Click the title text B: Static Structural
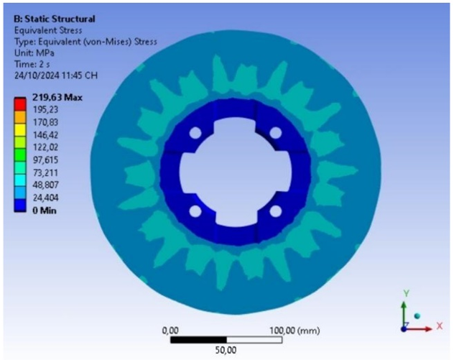point(55,19)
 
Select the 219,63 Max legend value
point(57,97)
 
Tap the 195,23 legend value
point(45,109)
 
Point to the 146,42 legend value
point(45,135)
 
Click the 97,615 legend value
point(45,160)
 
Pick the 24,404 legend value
point(45,198)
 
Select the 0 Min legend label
point(45,211)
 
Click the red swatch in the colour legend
point(20,104)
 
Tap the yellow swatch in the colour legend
point(20,129)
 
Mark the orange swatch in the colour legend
point(20,117)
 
